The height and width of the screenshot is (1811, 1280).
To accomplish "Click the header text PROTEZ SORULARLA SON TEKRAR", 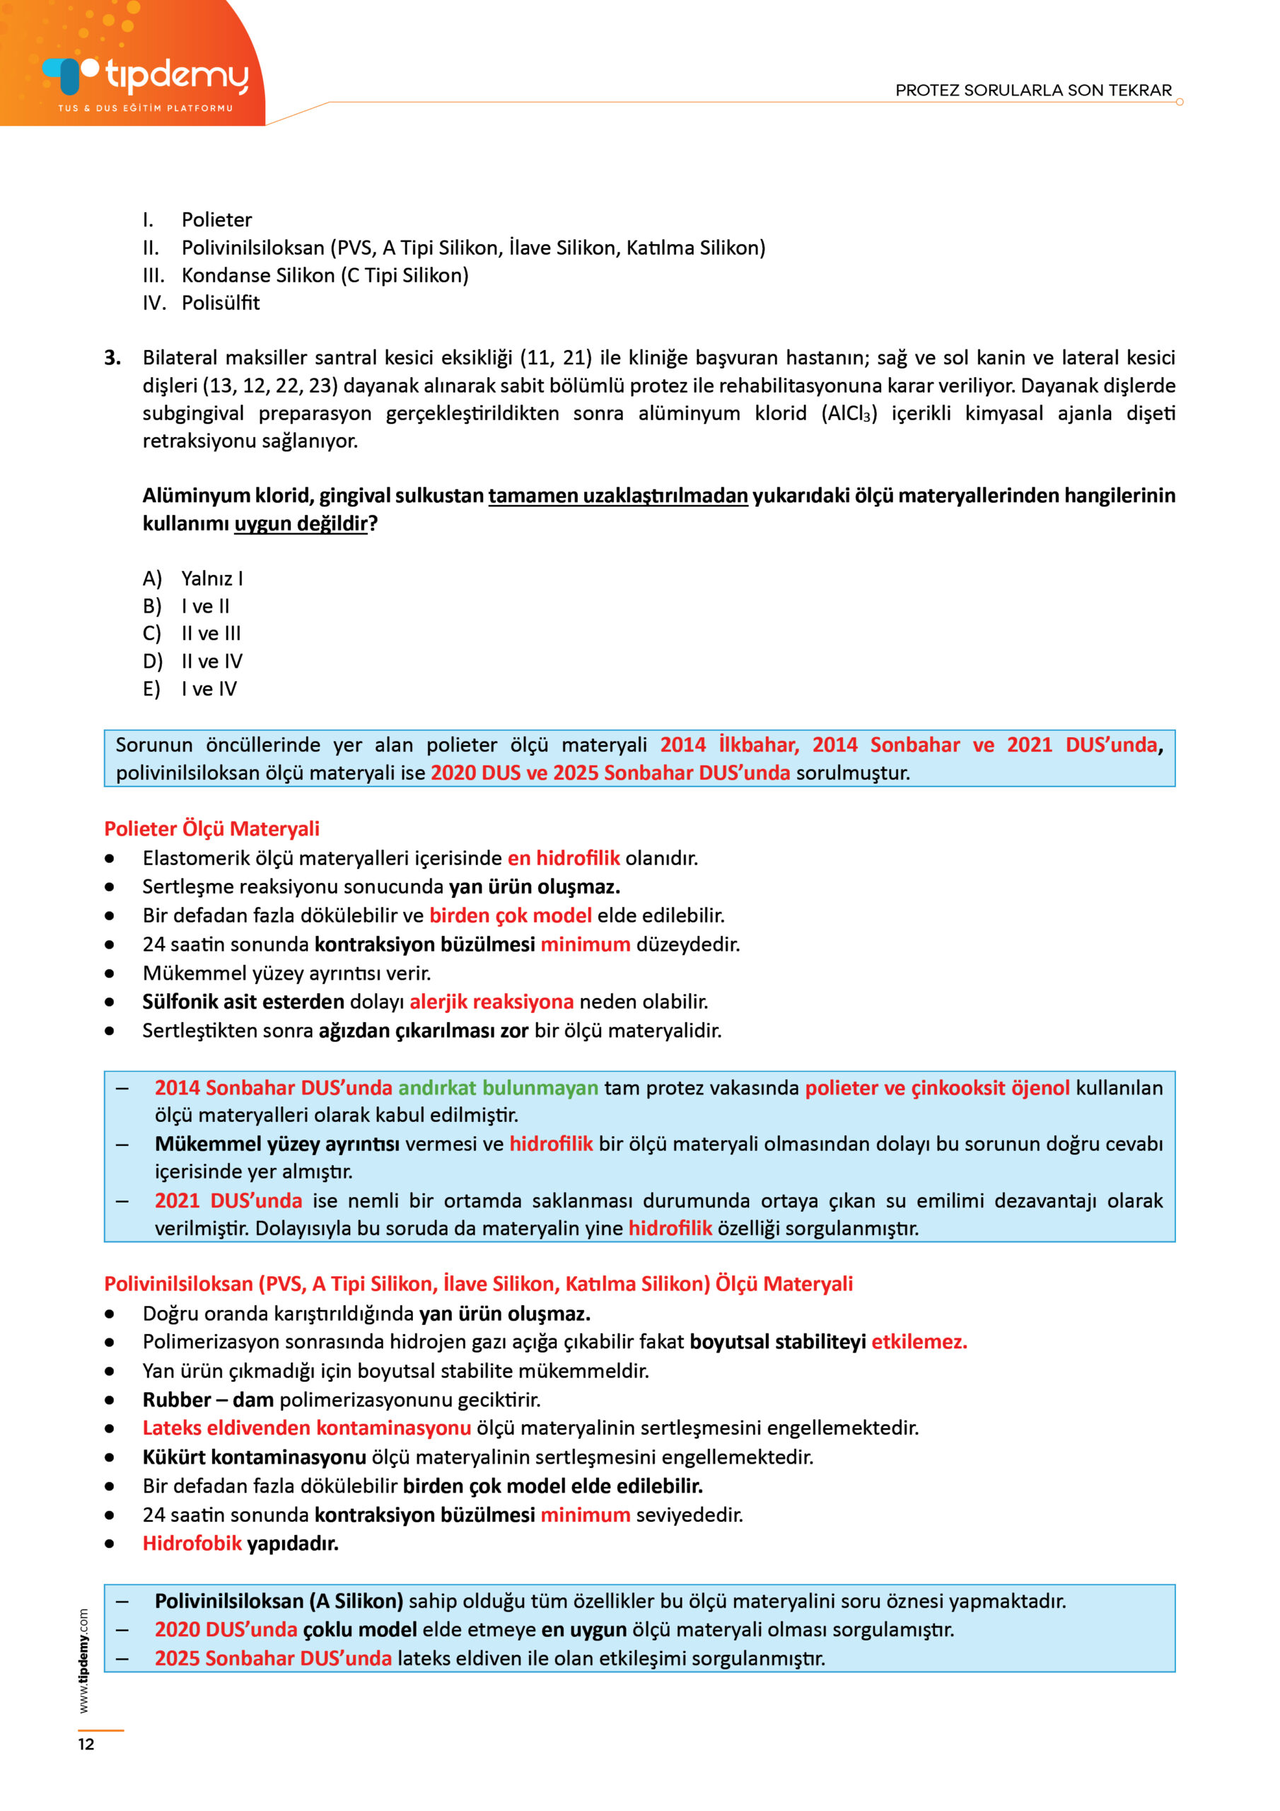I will [1032, 90].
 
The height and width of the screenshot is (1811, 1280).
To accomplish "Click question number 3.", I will [112, 358].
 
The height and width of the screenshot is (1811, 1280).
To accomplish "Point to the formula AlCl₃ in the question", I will [849, 413].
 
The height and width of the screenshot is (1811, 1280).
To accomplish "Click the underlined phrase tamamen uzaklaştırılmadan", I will [617, 495].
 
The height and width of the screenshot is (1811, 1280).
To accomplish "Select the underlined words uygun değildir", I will [301, 523].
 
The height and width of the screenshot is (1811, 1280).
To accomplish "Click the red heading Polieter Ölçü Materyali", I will [211, 828].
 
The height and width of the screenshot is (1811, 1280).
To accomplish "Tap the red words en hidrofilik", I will [563, 857].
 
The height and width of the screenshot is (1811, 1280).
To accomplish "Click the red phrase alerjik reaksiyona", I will [491, 1001].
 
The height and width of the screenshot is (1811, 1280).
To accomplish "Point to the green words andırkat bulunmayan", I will [498, 1088].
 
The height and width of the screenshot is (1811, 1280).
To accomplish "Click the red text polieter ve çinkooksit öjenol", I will [937, 1088].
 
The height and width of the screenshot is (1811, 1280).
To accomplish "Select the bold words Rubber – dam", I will [207, 1399].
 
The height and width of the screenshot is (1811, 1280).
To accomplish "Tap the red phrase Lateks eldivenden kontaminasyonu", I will [306, 1428].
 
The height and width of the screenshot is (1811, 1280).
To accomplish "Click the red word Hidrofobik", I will [192, 1543].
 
